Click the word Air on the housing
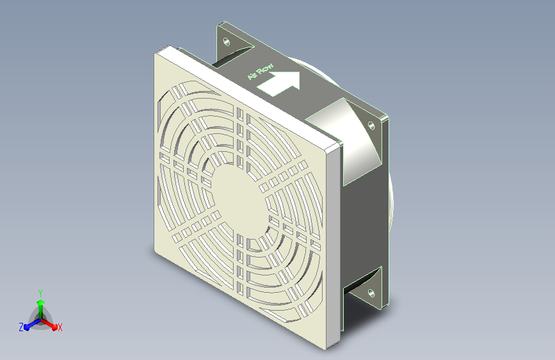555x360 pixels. pyautogui.click(x=252, y=76)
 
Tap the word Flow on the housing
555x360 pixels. pyautogui.click(x=265, y=69)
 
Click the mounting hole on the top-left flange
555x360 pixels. pyautogui.click(x=227, y=42)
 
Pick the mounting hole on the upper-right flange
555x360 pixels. pyautogui.click(x=371, y=126)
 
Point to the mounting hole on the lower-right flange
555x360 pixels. pyautogui.click(x=371, y=293)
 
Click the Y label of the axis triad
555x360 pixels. pyautogui.click(x=40, y=293)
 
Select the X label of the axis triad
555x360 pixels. pyautogui.click(x=60, y=328)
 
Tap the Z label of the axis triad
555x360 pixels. pyautogui.click(x=21, y=327)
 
